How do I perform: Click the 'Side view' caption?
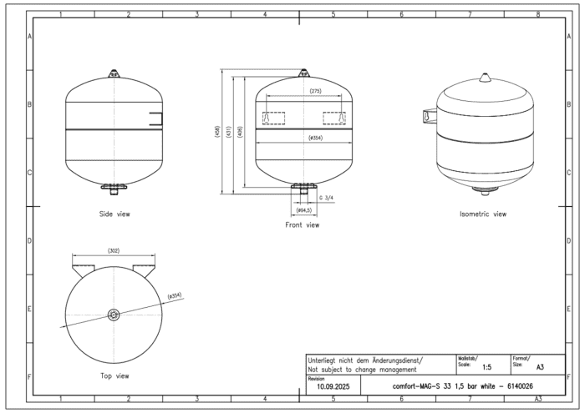tap(114, 214)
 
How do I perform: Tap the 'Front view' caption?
tap(303, 225)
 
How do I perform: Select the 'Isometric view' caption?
tap(483, 214)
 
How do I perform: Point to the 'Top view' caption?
tap(114, 376)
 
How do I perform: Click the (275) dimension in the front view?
tap(315, 91)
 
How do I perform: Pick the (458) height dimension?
tap(217, 132)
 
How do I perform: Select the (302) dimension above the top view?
tap(114, 250)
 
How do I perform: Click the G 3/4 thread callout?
tap(326, 198)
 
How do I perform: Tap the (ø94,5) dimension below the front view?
tap(303, 210)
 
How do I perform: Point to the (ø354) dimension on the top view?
tap(175, 296)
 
